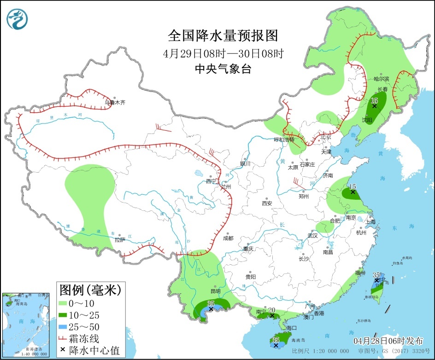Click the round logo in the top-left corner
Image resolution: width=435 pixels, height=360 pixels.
tap(18, 19)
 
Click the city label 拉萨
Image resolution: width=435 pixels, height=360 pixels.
tap(120, 239)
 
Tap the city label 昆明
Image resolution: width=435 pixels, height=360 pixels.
tap(215, 291)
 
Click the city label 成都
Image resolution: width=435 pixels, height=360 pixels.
tap(228, 238)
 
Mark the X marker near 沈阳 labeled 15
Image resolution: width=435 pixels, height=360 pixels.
tap(374, 106)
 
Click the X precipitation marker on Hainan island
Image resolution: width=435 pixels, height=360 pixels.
tap(276, 345)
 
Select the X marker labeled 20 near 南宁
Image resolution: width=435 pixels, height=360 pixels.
tap(272, 316)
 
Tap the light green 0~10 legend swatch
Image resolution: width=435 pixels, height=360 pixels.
tap(63, 303)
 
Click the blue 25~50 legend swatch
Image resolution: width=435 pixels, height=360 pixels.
tap(63, 327)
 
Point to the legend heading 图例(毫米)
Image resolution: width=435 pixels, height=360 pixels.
tap(90, 290)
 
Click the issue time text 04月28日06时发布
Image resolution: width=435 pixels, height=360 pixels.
tap(388, 341)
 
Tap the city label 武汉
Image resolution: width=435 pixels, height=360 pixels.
tap(313, 235)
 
